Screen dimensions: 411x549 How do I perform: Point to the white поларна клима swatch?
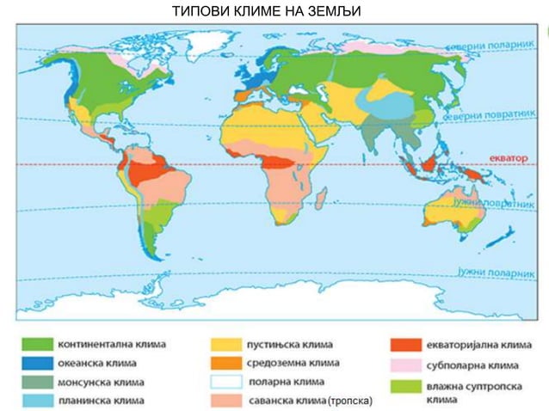(x=225, y=382)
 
